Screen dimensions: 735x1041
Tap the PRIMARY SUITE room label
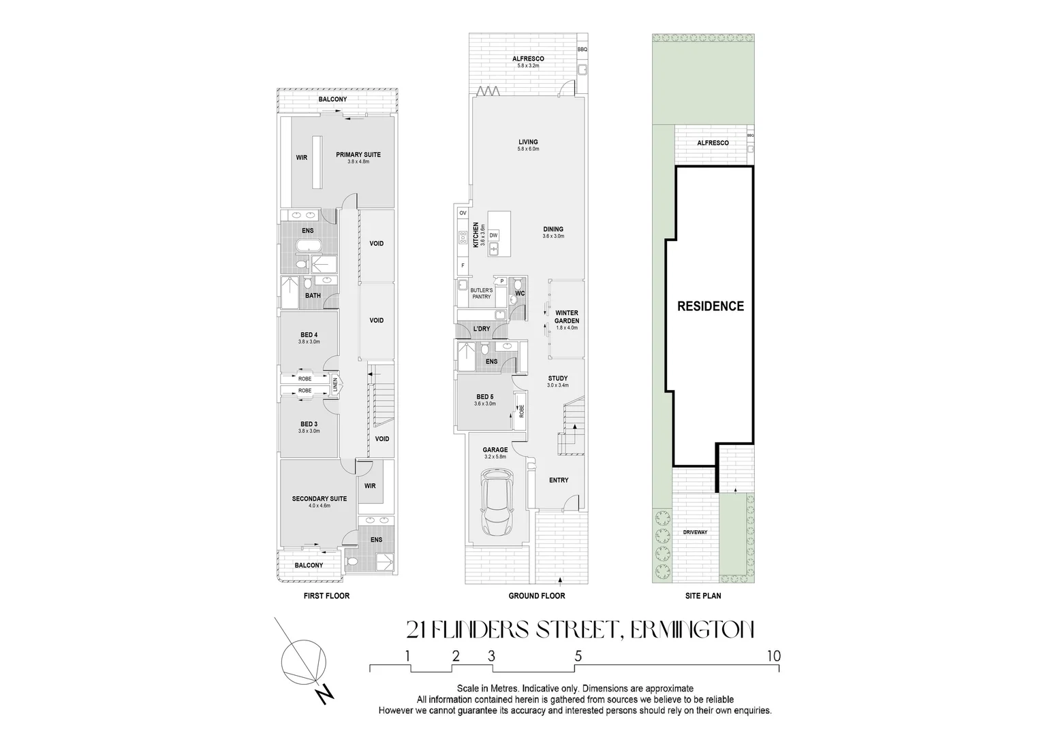(358, 154)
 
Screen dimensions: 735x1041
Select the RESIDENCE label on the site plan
(710, 306)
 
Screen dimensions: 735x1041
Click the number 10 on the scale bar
(773, 657)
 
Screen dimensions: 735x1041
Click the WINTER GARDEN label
(566, 316)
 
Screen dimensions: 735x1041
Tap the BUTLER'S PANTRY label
(481, 293)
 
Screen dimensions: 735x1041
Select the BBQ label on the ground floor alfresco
(582, 50)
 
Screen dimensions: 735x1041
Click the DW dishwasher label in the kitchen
(494, 235)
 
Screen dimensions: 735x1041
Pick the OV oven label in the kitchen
(463, 213)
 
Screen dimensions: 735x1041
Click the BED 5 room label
(484, 397)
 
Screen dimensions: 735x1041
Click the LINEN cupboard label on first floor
(335, 385)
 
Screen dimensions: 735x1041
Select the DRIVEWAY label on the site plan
(695, 532)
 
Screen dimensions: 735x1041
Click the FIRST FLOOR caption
(326, 596)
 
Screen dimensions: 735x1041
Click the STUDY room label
(557, 378)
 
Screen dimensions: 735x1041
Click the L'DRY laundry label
(481, 329)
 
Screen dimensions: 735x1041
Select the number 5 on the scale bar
(578, 657)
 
